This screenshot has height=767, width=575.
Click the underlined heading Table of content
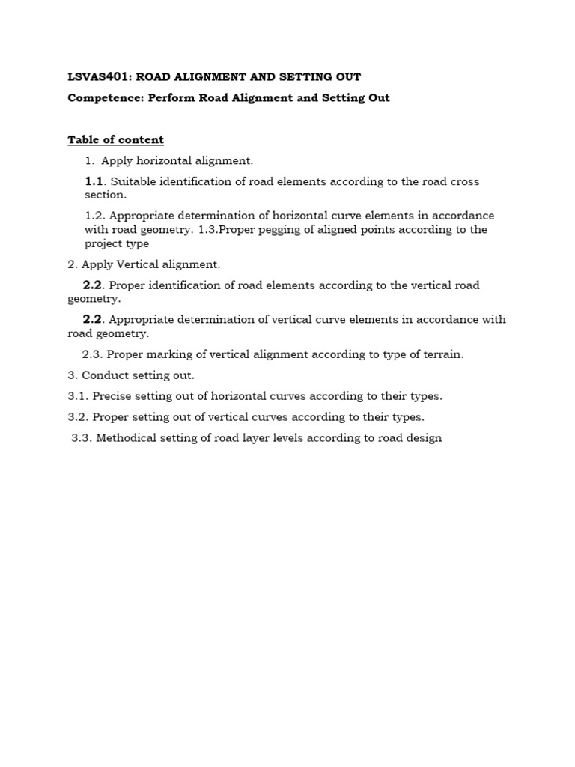[115, 139]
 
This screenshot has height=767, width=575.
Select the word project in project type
[105, 243]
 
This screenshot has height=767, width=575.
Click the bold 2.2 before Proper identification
[91, 285]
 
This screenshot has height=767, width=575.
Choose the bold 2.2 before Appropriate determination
[91, 319]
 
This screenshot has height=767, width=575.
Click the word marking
[165, 354]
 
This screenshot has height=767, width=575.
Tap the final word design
[424, 438]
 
